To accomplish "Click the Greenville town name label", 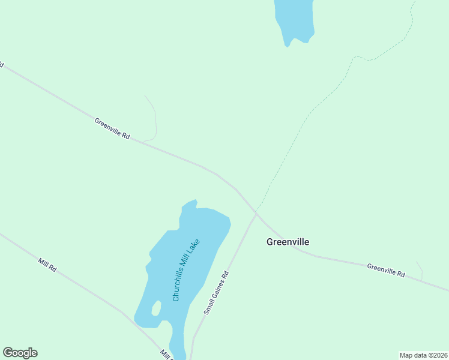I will point(288,242).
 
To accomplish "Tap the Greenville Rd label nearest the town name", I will point(386,270).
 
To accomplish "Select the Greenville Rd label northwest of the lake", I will point(112,128).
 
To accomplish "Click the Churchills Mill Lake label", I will point(185,270).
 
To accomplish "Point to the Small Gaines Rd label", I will point(216,293).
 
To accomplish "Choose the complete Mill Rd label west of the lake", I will point(47,265).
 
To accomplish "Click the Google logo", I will point(20,353).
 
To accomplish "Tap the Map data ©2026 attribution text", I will point(423,355).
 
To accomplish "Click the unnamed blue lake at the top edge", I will point(294,18).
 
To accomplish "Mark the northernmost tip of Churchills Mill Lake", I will point(194,200).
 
